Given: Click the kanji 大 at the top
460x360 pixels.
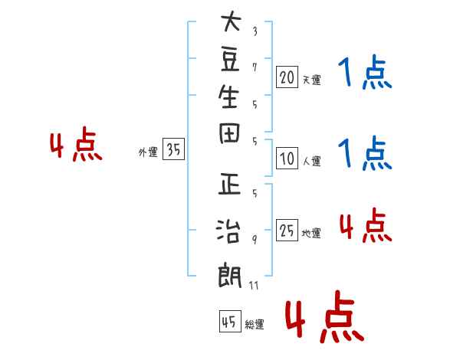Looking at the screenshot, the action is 231,21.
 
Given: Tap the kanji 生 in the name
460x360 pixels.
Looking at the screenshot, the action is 228,97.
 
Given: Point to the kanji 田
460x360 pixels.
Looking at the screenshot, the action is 229,133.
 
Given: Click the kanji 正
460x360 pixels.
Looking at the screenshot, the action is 229,184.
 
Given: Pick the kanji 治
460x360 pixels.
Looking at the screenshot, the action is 228,231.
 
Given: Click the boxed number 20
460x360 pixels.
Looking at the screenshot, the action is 287,77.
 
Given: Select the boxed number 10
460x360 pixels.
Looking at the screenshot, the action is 287,159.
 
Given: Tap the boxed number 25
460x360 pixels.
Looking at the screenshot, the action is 287,230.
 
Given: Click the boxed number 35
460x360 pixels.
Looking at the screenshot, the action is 173,149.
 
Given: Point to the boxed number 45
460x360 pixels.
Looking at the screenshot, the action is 230,321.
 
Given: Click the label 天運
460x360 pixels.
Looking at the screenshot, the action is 312,80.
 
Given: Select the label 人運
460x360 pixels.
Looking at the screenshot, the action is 312,161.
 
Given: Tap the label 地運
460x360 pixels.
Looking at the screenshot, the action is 311,233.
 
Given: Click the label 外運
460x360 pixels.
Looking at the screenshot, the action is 148,152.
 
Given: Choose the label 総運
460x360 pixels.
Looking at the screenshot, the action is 255,325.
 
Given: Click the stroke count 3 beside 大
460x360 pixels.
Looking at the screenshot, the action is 255,31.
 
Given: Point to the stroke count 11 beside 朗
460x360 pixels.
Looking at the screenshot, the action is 254,285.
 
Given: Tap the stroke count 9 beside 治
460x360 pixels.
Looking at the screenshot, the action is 255,240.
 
